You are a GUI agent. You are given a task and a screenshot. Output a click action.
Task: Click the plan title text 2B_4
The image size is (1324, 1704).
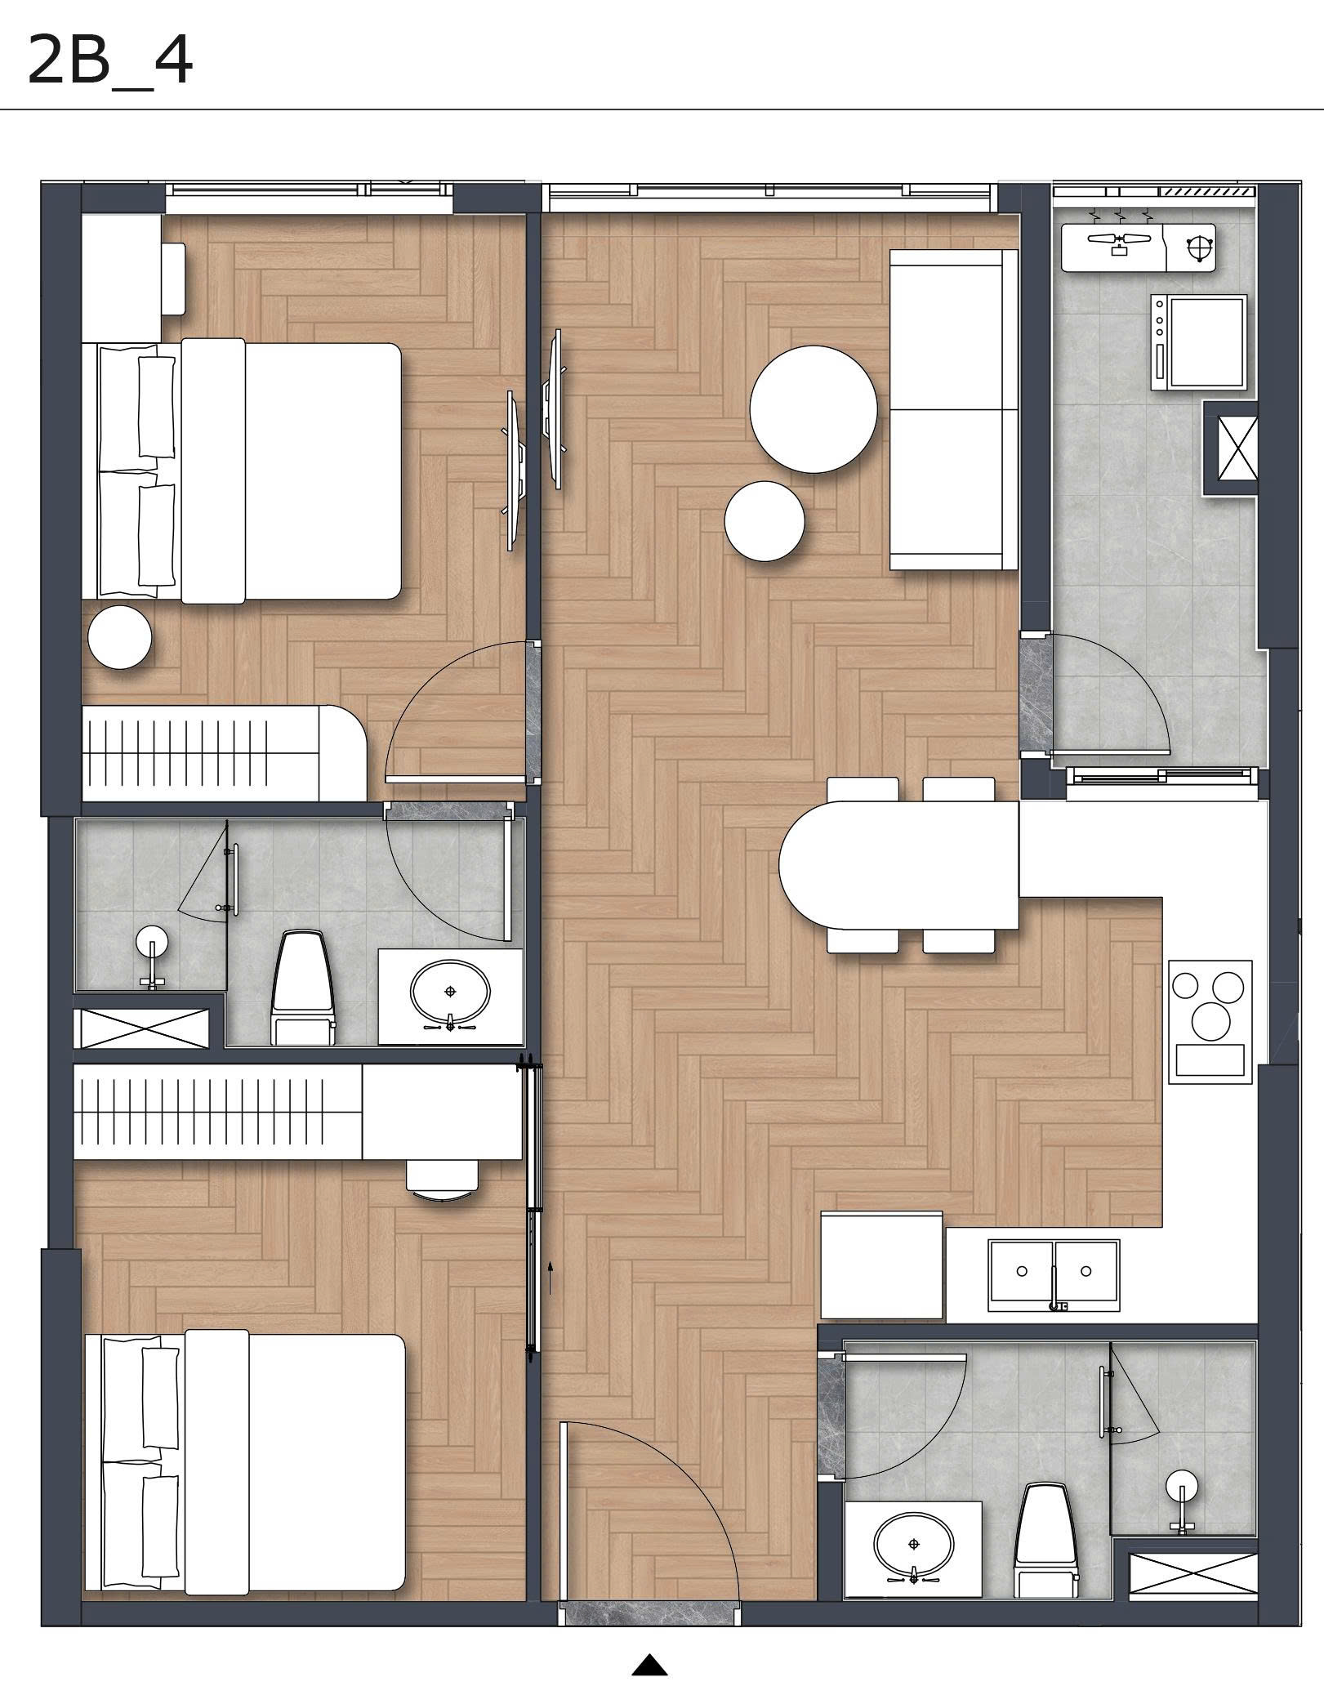tap(109, 61)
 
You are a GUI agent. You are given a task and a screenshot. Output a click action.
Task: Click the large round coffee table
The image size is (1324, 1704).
tap(813, 408)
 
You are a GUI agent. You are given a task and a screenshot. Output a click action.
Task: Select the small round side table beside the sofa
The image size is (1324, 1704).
tap(765, 521)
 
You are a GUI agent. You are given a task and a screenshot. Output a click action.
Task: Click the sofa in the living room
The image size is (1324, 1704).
tap(953, 409)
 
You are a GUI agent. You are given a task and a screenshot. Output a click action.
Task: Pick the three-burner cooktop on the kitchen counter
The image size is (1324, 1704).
tap(1210, 1021)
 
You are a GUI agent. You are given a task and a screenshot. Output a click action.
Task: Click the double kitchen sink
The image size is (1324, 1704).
tap(1053, 1275)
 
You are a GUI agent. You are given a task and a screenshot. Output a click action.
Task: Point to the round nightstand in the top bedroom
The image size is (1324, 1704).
tap(120, 637)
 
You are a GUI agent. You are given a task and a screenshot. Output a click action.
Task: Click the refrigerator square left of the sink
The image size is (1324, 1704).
tap(881, 1265)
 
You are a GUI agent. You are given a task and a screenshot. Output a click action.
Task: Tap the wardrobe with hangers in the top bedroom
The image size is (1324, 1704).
tap(221, 752)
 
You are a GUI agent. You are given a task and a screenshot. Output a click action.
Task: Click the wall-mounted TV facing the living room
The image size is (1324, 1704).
tap(555, 408)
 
